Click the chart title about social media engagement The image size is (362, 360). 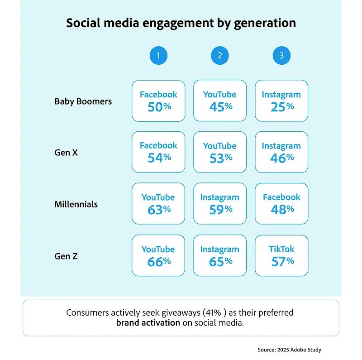click(x=181, y=23)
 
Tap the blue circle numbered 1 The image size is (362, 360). click(x=158, y=56)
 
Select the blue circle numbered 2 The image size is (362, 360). click(x=220, y=56)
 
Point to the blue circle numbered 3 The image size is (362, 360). click(x=281, y=56)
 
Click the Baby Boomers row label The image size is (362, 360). click(x=83, y=101)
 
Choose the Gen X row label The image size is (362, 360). click(x=66, y=153)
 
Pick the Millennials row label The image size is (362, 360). click(x=76, y=204)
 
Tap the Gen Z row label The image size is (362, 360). click(x=66, y=256)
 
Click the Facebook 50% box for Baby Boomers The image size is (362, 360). click(x=158, y=101)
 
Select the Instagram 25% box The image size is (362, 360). click(x=281, y=101)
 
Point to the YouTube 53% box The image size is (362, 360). click(x=220, y=153)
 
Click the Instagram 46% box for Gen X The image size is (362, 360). click(x=281, y=153)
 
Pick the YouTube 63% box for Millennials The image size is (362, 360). click(x=158, y=204)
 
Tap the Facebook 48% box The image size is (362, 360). click(x=281, y=204)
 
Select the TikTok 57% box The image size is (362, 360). click(x=281, y=255)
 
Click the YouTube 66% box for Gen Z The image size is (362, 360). click(x=158, y=255)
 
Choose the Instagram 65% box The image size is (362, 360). click(x=220, y=255)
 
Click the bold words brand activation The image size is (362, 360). click(x=148, y=323)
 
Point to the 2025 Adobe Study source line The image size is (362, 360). click(x=290, y=350)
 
